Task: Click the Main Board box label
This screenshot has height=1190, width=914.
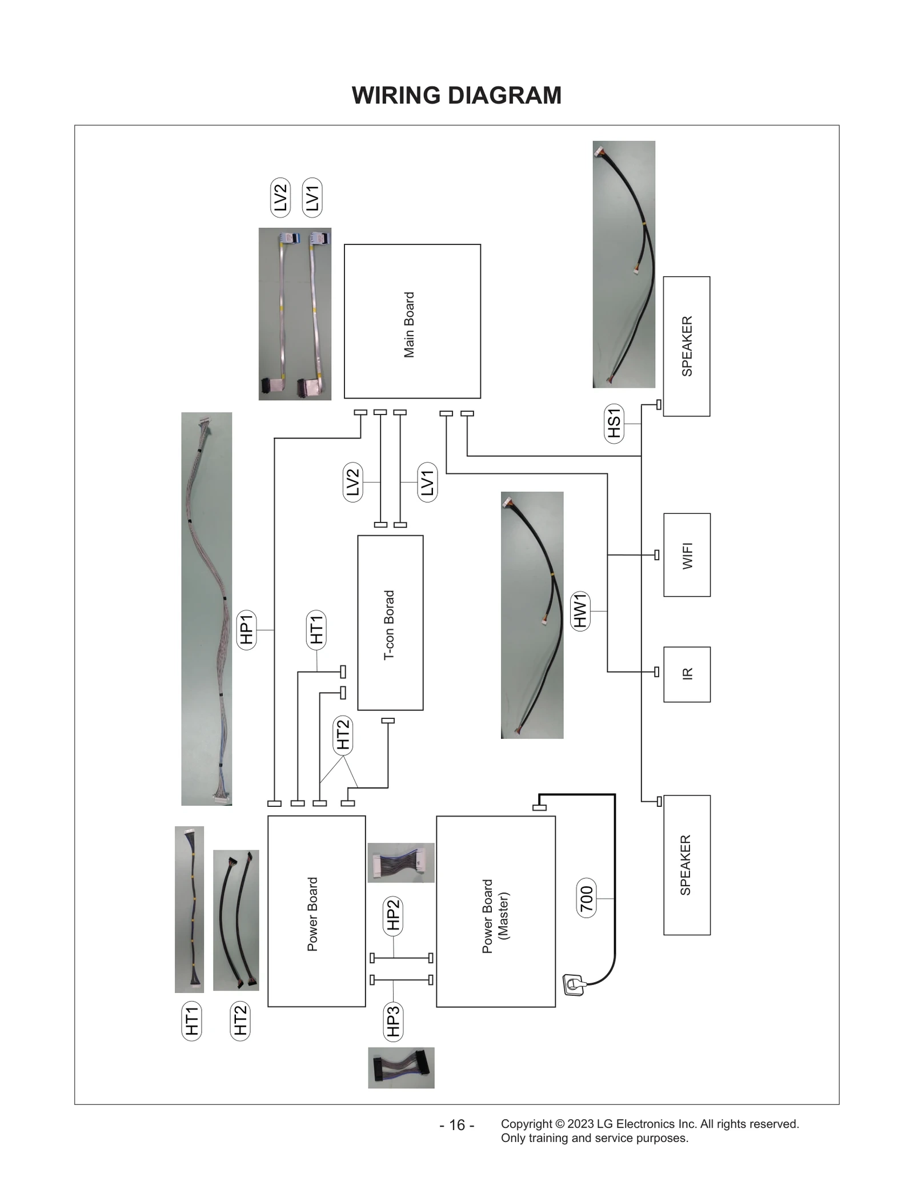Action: click(409, 324)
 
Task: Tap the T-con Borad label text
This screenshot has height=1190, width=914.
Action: click(389, 625)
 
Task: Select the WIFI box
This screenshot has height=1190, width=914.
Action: click(687, 555)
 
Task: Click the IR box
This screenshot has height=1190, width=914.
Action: click(687, 674)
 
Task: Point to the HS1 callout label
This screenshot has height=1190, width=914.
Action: click(614, 424)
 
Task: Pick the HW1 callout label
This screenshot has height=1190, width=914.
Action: click(580, 611)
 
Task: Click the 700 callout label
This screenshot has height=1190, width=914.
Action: click(587, 898)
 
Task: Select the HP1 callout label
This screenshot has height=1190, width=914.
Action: click(246, 629)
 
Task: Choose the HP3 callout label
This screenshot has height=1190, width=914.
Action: click(393, 1022)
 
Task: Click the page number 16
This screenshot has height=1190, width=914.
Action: click(457, 1125)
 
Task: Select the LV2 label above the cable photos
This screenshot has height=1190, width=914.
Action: click(280, 198)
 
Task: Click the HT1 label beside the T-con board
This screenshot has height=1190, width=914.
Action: click(316, 629)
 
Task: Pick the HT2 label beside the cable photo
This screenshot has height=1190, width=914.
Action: click(240, 1021)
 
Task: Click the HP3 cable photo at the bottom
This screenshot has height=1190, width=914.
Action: click(401, 1067)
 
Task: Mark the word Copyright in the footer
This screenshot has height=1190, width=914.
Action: click(526, 1124)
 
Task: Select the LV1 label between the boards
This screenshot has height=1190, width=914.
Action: click(427, 483)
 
